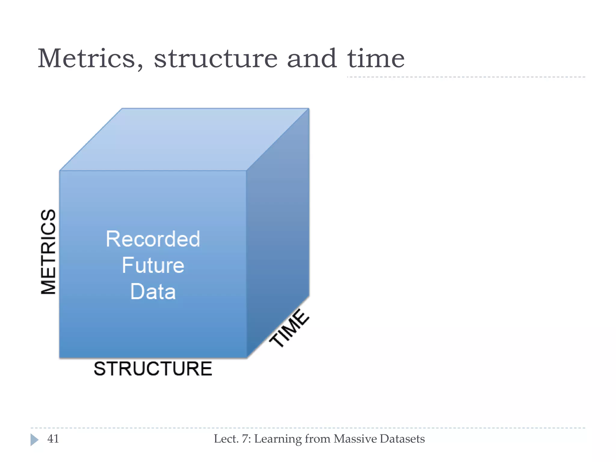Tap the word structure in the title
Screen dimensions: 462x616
pos(216,58)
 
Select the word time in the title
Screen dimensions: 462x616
pos(376,58)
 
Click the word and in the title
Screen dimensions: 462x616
pos(312,58)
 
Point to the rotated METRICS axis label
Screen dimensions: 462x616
pos(48,251)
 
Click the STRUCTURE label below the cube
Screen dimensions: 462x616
pos(153,369)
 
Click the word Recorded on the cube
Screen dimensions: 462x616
pos(153,239)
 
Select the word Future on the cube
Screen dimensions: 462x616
pos(153,265)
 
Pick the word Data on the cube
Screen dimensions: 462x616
pos(153,291)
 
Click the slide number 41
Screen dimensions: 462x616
pos(53,439)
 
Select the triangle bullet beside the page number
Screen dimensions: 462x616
pos(34,440)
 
